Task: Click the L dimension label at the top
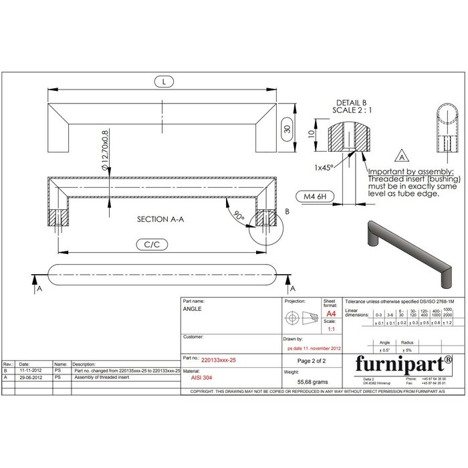click(x=163, y=82)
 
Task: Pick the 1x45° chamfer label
click(x=325, y=167)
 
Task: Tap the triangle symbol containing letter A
click(x=402, y=158)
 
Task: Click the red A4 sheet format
click(x=330, y=314)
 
